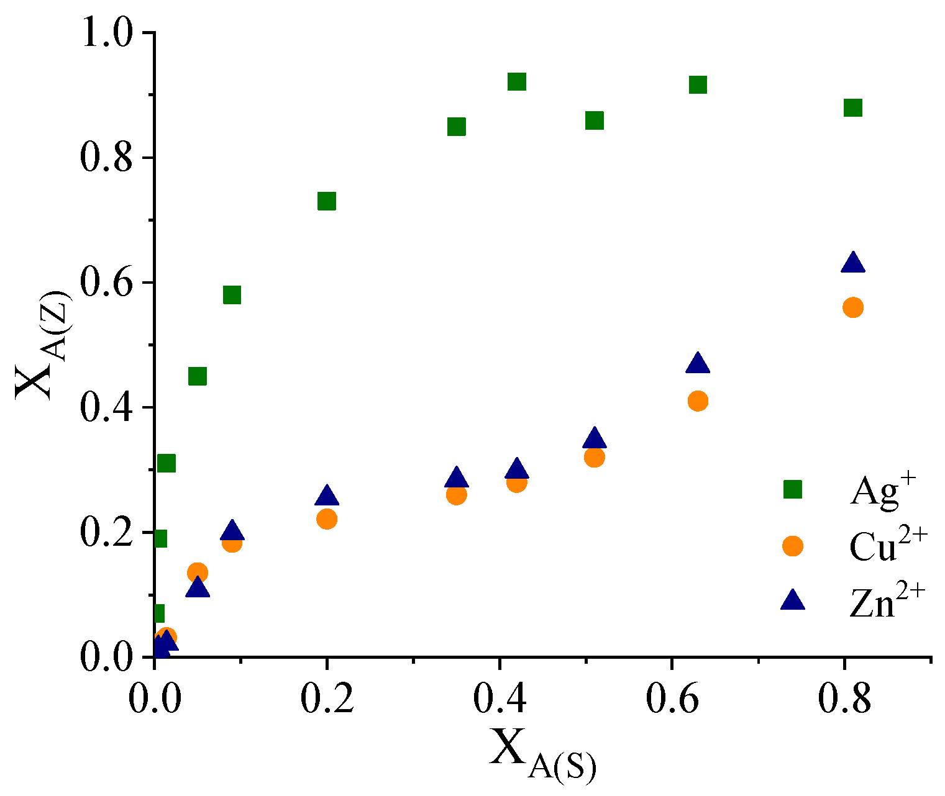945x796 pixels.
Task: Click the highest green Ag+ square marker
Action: [517, 82]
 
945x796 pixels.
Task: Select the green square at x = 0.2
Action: [327, 201]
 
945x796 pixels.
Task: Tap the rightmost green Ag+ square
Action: [853, 107]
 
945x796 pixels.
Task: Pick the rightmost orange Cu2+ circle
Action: [853, 307]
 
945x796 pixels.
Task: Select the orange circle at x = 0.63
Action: [698, 401]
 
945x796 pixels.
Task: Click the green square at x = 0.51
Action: [595, 120]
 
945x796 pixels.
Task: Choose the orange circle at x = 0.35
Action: [457, 495]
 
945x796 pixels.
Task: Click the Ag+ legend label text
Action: [874, 493]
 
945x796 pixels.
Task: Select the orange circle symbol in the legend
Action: [793, 546]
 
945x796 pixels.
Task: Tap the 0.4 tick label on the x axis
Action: [499, 698]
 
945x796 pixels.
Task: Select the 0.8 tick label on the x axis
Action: [844, 698]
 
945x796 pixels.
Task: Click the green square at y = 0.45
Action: [198, 376]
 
